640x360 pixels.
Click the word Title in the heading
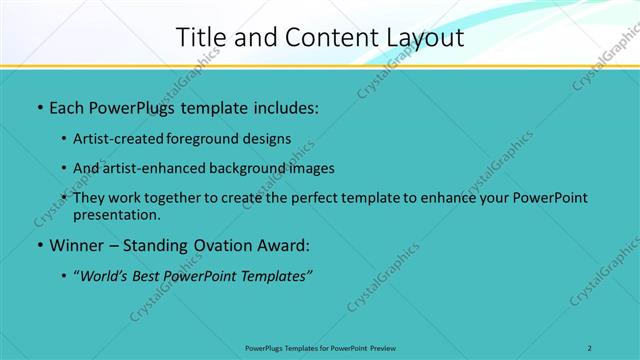point(200,38)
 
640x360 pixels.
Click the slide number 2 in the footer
point(590,348)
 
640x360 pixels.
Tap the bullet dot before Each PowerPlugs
point(39,106)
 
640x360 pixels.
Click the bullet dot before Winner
point(39,246)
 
